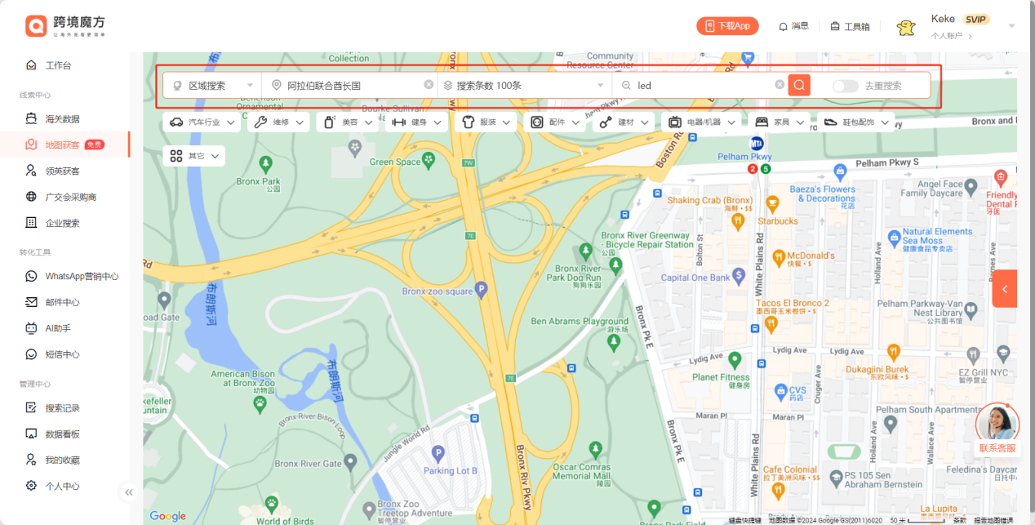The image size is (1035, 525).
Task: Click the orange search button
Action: [x=799, y=85]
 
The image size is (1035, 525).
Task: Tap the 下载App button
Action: [x=727, y=26]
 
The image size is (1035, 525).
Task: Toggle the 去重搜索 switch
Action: [x=845, y=86]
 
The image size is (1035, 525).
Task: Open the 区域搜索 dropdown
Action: [x=212, y=86]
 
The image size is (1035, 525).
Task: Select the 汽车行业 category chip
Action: [x=202, y=122]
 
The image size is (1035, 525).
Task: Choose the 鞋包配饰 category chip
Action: [x=855, y=122]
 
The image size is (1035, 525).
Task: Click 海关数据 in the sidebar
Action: [x=62, y=119]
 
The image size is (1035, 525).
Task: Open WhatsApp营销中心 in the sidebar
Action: [x=82, y=277]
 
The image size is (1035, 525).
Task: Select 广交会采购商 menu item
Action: [x=71, y=197]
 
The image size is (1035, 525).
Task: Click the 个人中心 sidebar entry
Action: [x=62, y=486]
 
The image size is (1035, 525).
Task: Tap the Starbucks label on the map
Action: [x=778, y=221]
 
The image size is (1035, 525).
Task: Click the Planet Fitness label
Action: [x=721, y=377]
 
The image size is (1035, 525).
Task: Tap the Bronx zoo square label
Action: [x=438, y=291]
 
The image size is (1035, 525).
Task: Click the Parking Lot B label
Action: [x=450, y=470]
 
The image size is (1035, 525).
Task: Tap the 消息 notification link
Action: [x=793, y=26]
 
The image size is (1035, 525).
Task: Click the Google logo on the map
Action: [x=168, y=516]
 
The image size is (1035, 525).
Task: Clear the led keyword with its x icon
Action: [x=780, y=85]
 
